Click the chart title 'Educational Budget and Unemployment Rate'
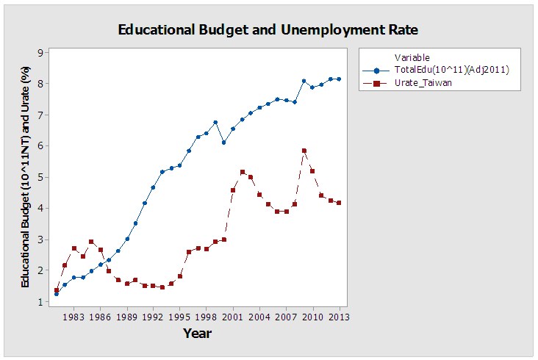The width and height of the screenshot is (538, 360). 268,30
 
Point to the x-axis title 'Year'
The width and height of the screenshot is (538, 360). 197,334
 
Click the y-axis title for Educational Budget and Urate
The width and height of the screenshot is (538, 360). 25,176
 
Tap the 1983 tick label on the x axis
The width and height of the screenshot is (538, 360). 73,317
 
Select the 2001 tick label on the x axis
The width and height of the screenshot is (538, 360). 233,317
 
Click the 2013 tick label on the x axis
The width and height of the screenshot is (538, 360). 340,317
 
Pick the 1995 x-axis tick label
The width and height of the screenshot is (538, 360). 180,317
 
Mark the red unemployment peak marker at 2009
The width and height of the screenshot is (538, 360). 304,151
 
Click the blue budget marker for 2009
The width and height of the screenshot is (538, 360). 304,81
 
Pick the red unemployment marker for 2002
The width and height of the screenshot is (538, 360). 242,172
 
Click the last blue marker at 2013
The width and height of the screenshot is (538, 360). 339,79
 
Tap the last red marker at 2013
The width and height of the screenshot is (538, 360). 339,203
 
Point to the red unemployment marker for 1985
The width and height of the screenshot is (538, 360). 91,242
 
